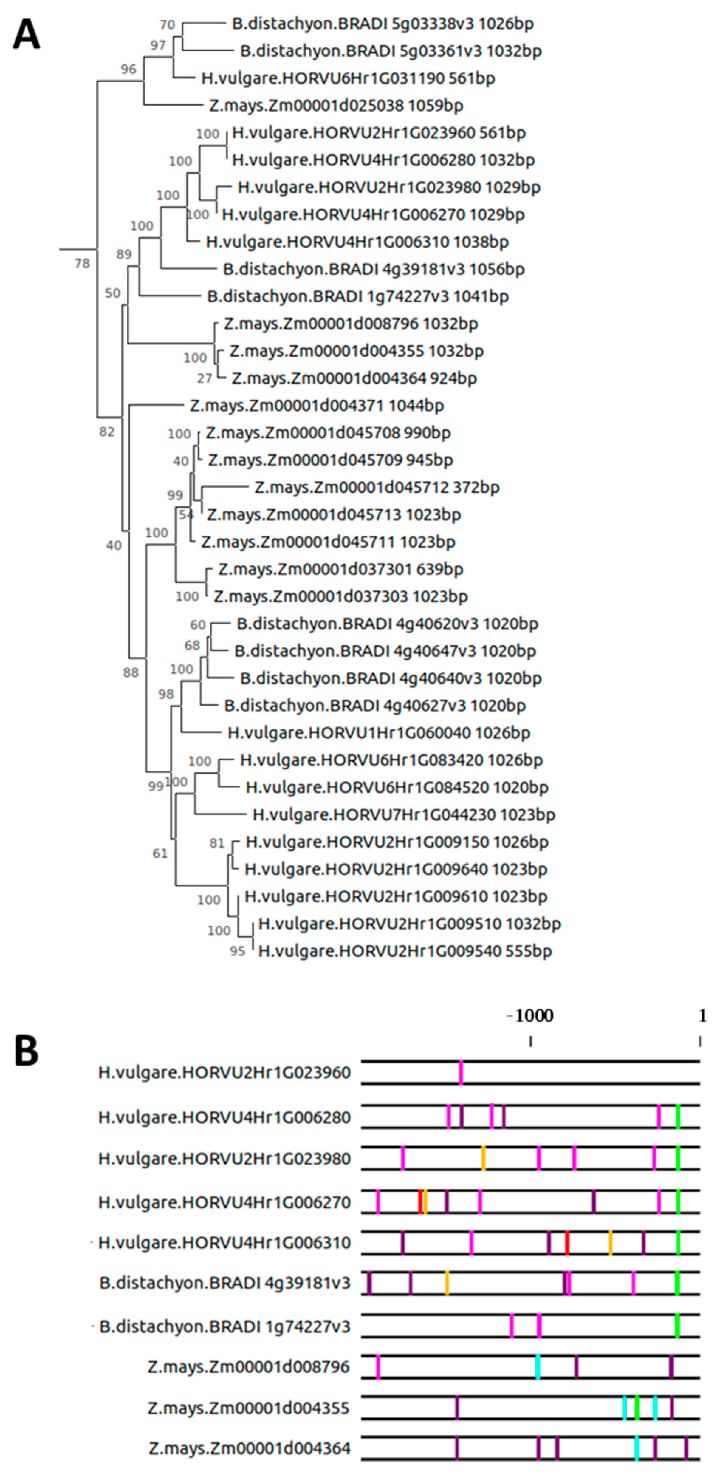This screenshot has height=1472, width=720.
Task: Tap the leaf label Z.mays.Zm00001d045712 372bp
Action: pos(377,487)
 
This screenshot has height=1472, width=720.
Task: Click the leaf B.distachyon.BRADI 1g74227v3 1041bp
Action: pos(358,296)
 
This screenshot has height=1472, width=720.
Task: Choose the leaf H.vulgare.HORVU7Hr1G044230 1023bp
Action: pos(403,814)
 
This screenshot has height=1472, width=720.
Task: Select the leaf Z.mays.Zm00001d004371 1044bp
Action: pos(317,406)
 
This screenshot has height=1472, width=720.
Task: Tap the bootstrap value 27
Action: pos(204,378)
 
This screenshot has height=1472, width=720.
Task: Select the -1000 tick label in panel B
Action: pos(530,1015)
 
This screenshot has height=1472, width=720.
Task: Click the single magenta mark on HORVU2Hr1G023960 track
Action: pos(461,1072)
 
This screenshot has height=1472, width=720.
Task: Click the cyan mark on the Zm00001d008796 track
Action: pos(538,1367)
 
